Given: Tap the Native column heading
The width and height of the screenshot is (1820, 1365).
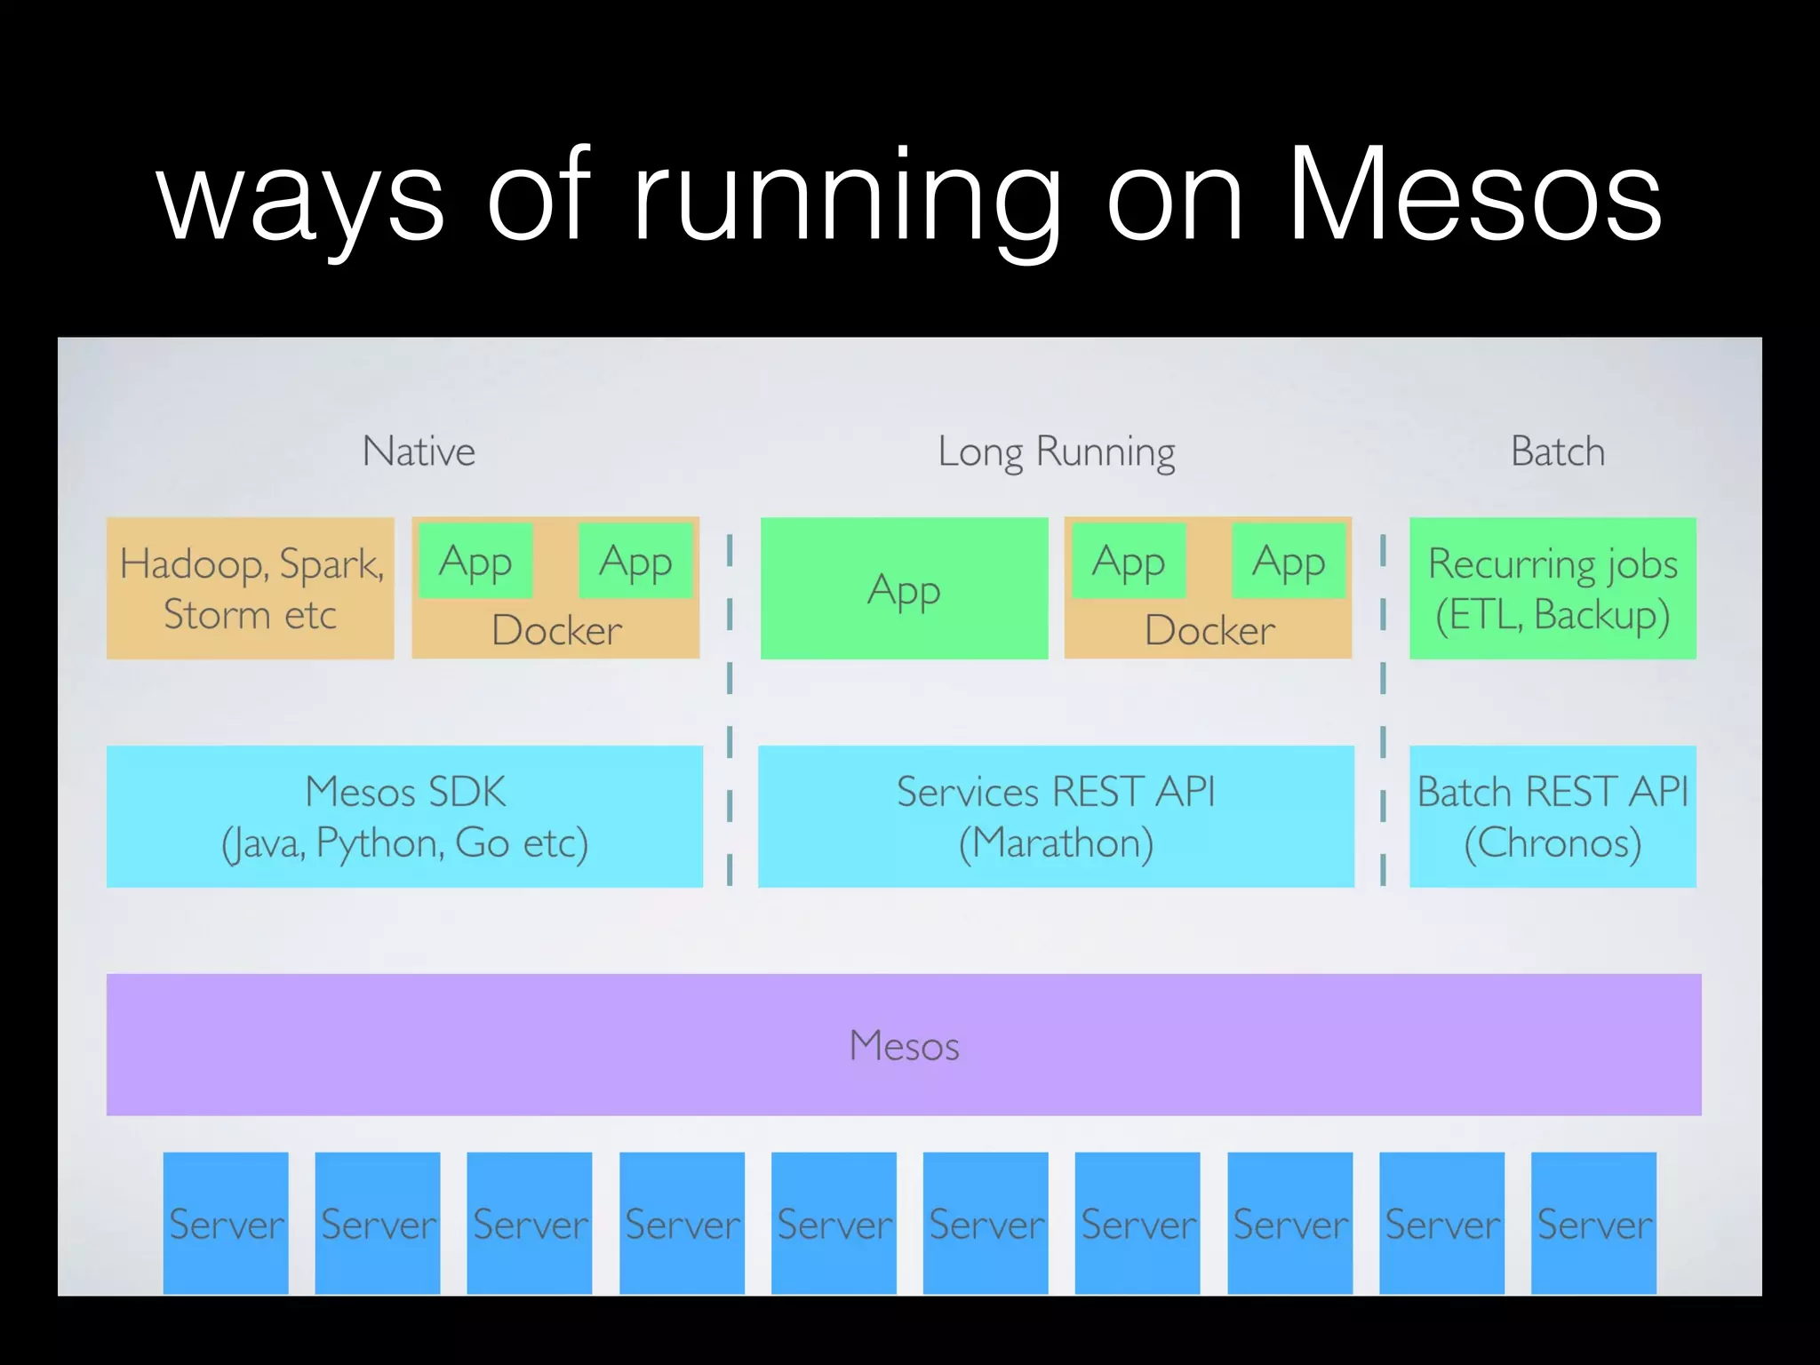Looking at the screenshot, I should coord(419,451).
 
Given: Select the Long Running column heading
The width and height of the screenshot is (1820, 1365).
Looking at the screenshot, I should coord(1056,452).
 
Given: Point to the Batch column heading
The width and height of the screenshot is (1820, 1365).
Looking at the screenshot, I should coord(1557,451).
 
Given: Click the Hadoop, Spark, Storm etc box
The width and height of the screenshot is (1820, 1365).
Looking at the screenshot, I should coord(250,588).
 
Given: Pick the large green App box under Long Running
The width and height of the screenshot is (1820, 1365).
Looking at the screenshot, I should coord(904,588).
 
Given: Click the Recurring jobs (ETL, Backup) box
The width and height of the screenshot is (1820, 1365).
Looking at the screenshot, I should coord(1553,588).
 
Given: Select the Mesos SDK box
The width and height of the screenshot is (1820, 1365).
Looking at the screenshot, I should coord(404,816).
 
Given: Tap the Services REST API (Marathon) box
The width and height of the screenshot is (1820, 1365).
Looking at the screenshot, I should coord(1056,816).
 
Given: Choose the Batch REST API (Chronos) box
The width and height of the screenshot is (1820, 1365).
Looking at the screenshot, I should coord(1553,816).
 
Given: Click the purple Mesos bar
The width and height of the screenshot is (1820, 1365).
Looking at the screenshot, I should coord(904,1044).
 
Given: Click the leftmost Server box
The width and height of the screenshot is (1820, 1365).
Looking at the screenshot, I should coord(226,1223).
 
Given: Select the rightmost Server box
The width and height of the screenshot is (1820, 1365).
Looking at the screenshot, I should coord(1593,1223).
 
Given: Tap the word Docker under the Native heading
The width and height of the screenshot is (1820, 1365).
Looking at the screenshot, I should coord(556,630).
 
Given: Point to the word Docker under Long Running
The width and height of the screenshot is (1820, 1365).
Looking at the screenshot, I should coord(1209,630).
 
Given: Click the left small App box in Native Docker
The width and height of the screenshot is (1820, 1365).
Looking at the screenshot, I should coord(475,561).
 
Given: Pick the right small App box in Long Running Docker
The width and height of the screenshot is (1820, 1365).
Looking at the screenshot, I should coord(1289,561).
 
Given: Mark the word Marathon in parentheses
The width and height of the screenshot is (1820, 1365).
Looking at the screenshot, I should coord(1056,842).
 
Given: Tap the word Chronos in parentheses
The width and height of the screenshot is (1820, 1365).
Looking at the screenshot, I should coord(1553,842).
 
